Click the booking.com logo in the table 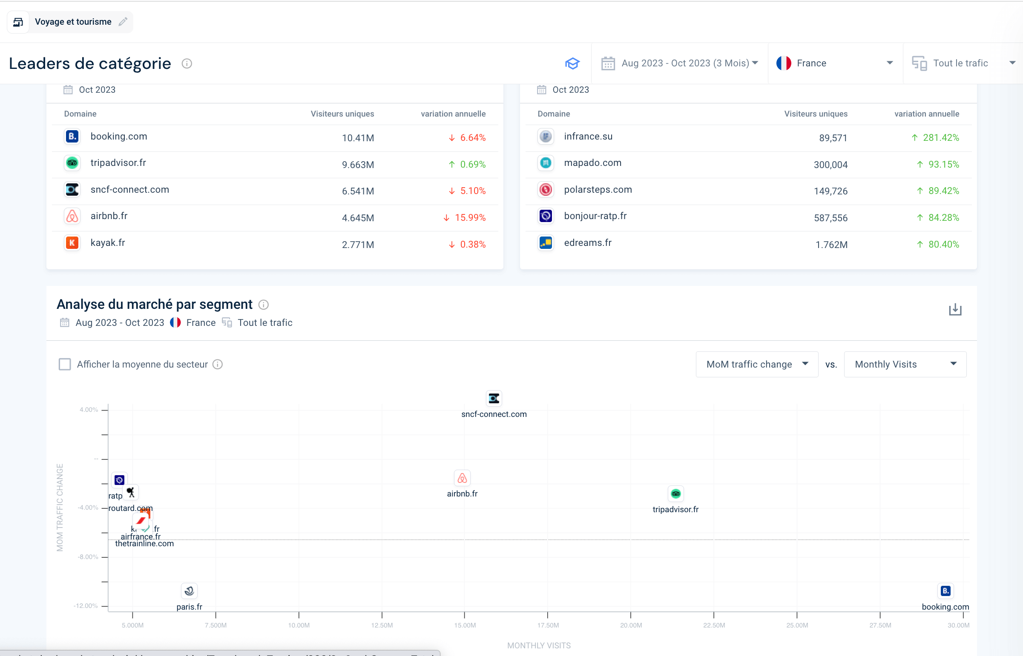(72, 136)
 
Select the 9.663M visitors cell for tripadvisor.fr (358, 165)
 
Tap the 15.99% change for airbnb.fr (469, 218)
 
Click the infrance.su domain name (588, 136)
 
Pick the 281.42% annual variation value (940, 137)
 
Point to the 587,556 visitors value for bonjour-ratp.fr (830, 218)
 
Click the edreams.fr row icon (546, 243)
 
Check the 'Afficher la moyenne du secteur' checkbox (65, 364)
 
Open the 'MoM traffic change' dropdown (756, 364)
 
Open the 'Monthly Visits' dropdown (905, 364)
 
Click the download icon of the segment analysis (955, 310)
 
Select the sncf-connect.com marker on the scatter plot (494, 398)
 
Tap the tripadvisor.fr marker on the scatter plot (675, 494)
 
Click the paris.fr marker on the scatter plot (190, 591)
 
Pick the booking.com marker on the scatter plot (945, 591)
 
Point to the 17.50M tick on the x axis (548, 625)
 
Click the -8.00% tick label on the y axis (88, 557)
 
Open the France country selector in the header (834, 63)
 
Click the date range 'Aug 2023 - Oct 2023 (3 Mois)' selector (679, 63)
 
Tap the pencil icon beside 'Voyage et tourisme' (123, 22)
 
